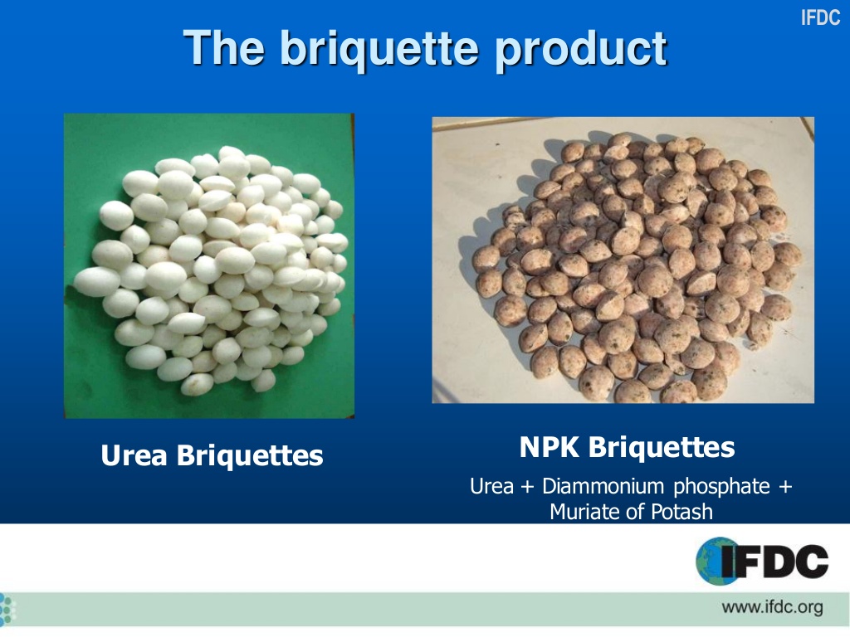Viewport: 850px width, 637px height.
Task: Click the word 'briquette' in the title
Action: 377,49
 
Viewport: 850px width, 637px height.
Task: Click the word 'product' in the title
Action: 582,49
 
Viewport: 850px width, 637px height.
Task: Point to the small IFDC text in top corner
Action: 820,17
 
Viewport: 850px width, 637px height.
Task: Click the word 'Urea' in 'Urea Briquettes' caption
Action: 134,455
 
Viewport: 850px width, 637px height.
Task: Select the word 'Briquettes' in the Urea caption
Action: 250,455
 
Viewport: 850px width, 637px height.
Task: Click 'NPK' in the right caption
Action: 551,448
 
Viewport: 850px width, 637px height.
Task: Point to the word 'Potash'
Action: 682,512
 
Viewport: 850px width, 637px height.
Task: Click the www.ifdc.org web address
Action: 772,608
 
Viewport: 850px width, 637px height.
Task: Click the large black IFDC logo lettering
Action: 776,561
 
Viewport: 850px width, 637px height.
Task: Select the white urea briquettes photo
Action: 209,265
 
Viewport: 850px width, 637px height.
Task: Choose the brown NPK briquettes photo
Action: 623,260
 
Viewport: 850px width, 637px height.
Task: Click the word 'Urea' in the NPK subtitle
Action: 491,486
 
